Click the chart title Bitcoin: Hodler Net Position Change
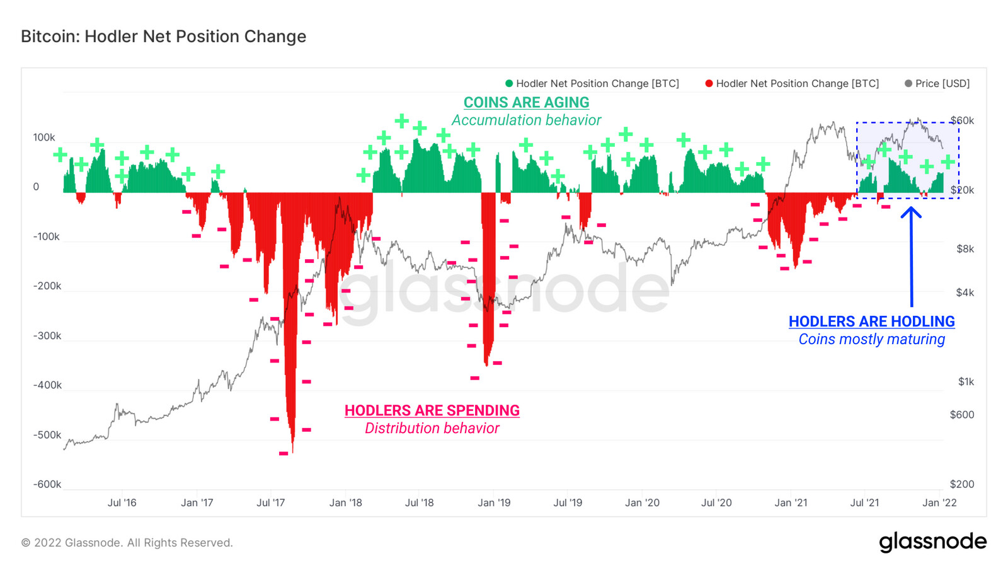[164, 37]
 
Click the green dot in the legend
[509, 83]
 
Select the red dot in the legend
[709, 83]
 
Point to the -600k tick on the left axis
[47, 484]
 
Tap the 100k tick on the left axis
[44, 137]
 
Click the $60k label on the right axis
[962, 120]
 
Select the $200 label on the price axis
[962, 484]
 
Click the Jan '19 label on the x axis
[494, 502]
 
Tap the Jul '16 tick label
[122, 502]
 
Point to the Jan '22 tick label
[939, 502]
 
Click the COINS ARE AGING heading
[527, 102]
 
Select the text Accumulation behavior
[527, 120]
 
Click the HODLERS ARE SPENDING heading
[432, 410]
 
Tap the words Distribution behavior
[432, 428]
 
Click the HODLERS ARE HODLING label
[872, 322]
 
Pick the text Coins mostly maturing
[872, 339]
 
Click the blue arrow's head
[911, 212]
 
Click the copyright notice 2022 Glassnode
[127, 543]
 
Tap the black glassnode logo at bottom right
[932, 542]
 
